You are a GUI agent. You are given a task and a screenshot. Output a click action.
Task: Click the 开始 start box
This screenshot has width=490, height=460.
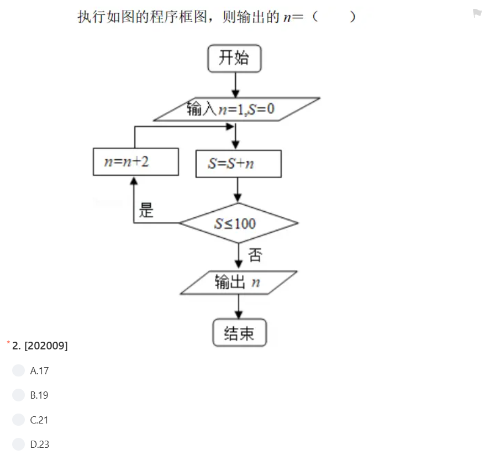[234, 59]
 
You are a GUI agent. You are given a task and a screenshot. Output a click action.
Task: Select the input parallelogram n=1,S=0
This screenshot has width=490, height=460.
[236, 109]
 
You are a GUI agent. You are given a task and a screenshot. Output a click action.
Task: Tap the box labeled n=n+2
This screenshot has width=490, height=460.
[135, 162]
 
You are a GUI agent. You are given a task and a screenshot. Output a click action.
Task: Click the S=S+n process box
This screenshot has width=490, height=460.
[238, 164]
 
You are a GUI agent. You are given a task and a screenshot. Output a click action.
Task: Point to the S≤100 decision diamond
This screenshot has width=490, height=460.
[238, 223]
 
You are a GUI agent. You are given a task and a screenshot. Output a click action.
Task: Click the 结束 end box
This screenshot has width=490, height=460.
[239, 333]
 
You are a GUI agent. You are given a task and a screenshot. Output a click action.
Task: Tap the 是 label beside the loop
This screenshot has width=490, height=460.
[146, 210]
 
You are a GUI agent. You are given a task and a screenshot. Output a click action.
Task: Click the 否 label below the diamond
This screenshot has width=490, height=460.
[255, 255]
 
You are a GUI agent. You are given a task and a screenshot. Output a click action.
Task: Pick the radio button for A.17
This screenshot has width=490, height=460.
[18, 370]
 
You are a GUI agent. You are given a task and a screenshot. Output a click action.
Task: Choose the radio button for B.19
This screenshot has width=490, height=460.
[18, 395]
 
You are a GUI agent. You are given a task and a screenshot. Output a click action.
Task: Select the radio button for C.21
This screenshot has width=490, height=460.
[18, 420]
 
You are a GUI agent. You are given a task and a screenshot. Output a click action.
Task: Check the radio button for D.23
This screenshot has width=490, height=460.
[18, 445]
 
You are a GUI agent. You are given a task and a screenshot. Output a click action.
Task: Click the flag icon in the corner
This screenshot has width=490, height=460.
[477, 13]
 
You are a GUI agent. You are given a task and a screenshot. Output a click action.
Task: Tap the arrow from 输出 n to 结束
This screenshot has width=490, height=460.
[239, 306]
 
